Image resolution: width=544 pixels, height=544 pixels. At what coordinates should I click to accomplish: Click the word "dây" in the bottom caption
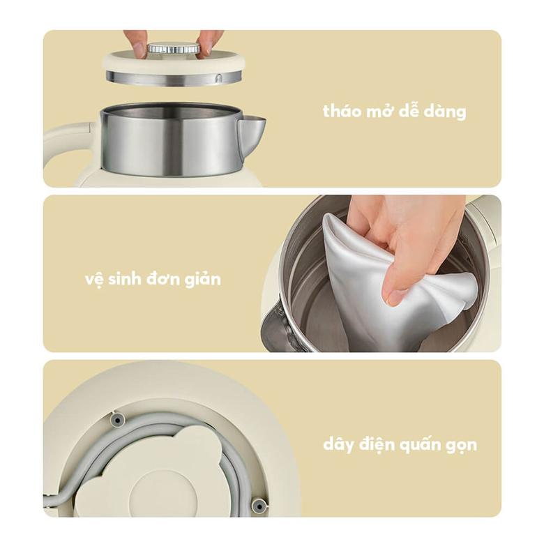[340, 445]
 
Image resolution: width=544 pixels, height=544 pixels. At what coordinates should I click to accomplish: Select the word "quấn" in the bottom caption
[421, 445]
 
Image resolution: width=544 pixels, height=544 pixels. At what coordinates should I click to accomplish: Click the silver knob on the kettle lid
[174, 49]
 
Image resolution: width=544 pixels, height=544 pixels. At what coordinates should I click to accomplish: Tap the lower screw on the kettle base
[259, 505]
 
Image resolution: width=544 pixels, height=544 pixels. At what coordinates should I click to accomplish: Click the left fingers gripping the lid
[137, 42]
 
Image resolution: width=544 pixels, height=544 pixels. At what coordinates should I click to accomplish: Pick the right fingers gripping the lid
[209, 42]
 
